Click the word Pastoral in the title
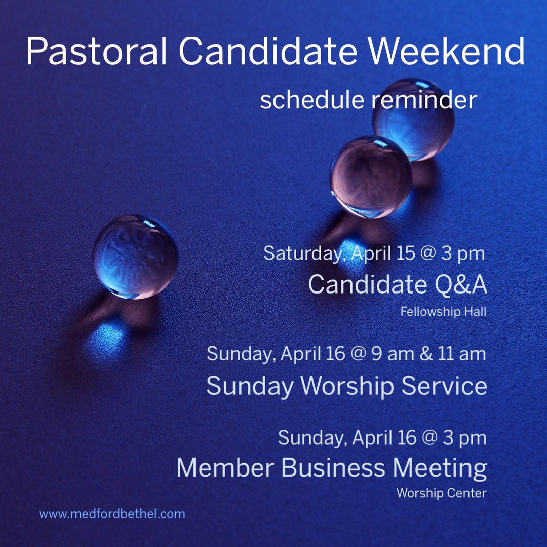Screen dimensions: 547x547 pos(97,51)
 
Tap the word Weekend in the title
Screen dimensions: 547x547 pos(446,51)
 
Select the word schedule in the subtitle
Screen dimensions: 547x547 pos(312,100)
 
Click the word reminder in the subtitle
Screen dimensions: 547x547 pos(424,100)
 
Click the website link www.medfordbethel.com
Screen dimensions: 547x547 pos(112,514)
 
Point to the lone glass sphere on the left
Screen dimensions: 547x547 pos(135,257)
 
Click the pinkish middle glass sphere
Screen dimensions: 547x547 pos(371,177)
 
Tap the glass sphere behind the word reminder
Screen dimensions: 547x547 pos(413,119)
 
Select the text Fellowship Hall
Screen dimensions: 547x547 pos(443,311)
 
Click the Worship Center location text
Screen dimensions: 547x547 pos(441,493)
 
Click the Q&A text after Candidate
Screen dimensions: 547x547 pos(461,284)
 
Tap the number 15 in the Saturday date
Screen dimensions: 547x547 pos(406,253)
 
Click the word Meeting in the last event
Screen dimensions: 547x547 pos(440,468)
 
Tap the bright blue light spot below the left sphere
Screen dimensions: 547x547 pos(106,340)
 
